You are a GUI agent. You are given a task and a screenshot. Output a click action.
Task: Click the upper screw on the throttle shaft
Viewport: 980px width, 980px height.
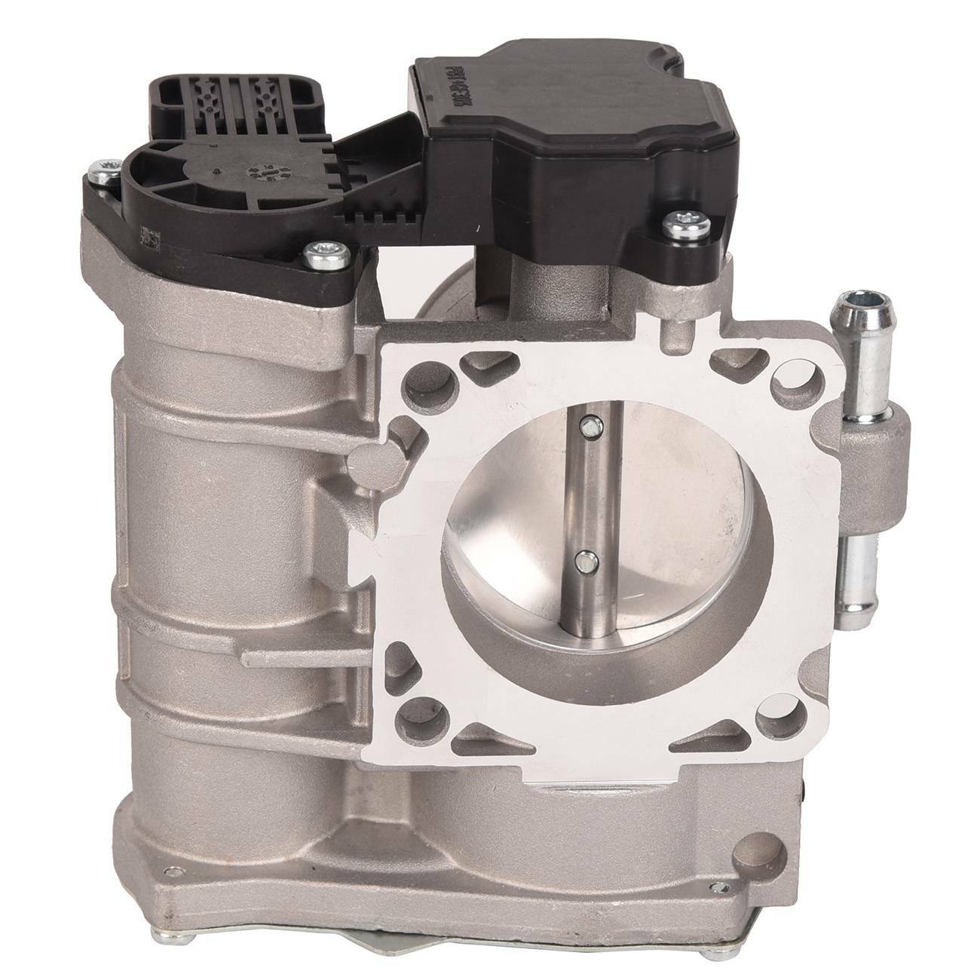pyautogui.click(x=585, y=427)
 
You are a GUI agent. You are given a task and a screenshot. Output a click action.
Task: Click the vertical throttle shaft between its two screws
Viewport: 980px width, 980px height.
pyautogui.click(x=585, y=494)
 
